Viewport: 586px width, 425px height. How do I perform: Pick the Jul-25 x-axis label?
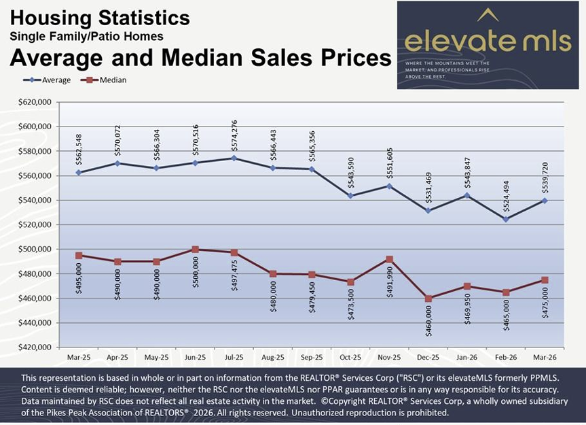tap(234, 356)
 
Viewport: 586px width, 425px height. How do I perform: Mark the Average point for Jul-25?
tap(234, 158)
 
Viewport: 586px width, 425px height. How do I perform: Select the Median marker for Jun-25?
tap(196, 250)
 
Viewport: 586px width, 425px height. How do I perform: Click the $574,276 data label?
tap(234, 136)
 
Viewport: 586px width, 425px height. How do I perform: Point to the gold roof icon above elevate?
tap(488, 15)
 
